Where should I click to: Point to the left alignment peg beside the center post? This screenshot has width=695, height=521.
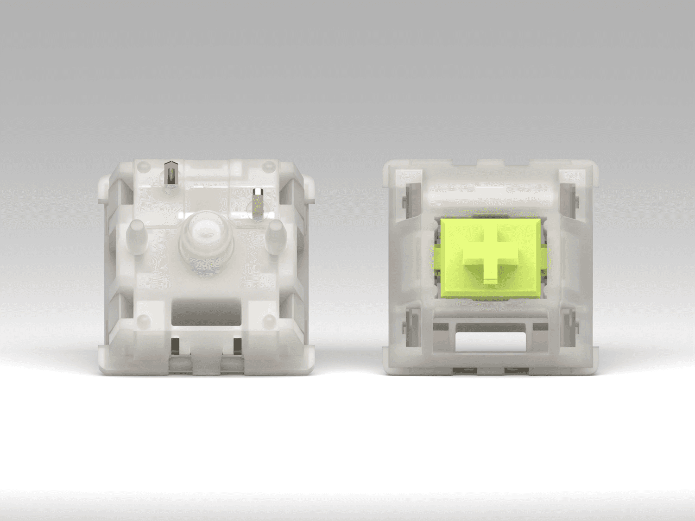tap(137, 236)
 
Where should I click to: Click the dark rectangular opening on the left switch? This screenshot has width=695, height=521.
tap(206, 313)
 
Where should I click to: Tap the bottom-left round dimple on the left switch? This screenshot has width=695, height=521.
tap(144, 320)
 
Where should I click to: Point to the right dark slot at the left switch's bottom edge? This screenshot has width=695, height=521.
tap(237, 346)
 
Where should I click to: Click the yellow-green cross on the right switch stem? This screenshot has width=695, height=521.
tap(490, 256)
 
